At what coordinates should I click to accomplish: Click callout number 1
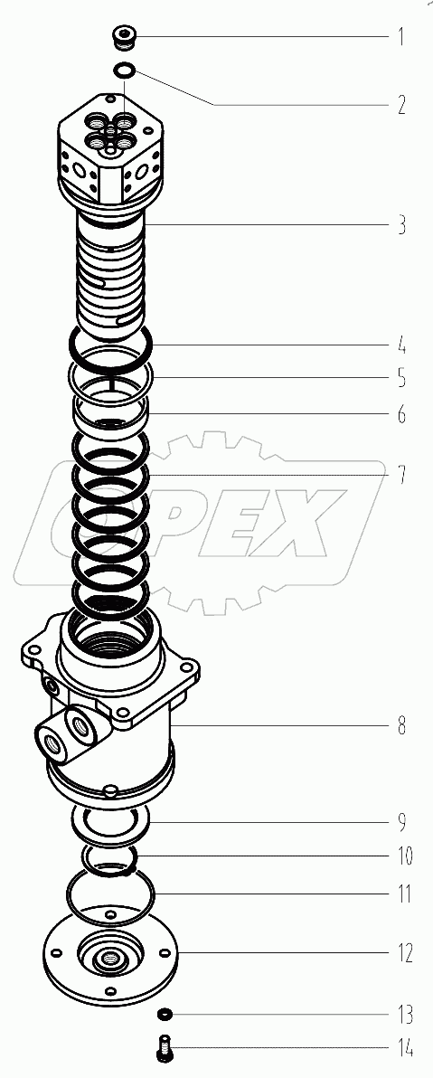400,37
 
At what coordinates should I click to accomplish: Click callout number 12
401,953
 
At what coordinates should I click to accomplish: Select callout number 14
401,1049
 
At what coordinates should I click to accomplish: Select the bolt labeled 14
165,1050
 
